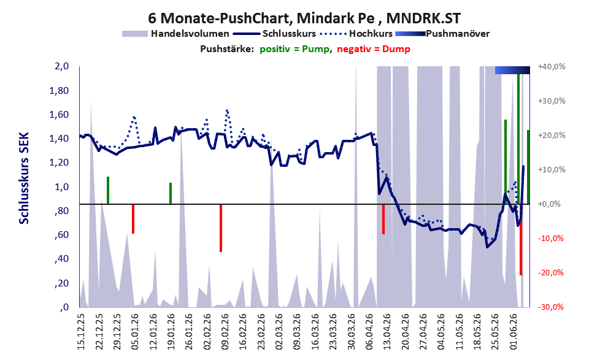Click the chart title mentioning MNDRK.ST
(x=304, y=18)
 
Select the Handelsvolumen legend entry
(x=175, y=34)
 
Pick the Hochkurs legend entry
(x=356, y=34)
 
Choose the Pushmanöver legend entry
(x=442, y=34)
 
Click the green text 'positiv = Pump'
(x=294, y=49)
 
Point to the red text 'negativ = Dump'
(x=374, y=49)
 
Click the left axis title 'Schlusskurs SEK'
(x=24, y=178)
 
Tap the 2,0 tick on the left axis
(x=62, y=66)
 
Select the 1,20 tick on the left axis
(x=60, y=163)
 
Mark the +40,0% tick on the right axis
(x=552, y=67)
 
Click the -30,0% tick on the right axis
(x=551, y=307)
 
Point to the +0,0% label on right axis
(x=549, y=204)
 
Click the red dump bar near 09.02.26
(x=221, y=228)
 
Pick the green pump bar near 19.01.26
(x=170, y=193)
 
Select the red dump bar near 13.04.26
(x=383, y=219)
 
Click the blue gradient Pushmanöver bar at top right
(x=512, y=70)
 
